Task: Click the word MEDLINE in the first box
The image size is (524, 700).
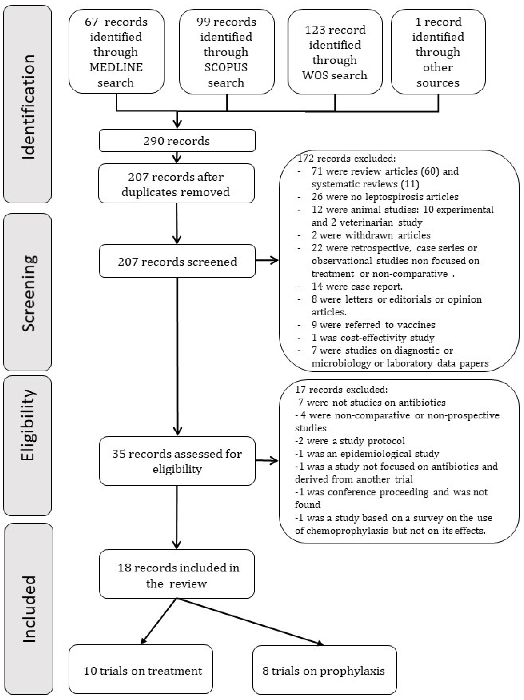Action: pyautogui.click(x=116, y=67)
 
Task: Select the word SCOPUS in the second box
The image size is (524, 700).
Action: pyautogui.click(x=226, y=67)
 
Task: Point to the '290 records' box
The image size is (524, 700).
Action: pyautogui.click(x=177, y=141)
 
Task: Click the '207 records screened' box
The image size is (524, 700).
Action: pyautogui.click(x=177, y=261)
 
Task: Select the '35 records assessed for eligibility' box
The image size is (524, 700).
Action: pyautogui.click(x=177, y=461)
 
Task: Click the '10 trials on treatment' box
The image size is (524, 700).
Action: pyautogui.click(x=141, y=671)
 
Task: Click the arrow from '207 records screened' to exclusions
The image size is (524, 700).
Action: pyautogui.click(x=267, y=261)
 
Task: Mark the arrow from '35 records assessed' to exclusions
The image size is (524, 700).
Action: pyautogui.click(x=267, y=461)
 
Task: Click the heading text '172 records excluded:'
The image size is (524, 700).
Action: pyautogui.click(x=347, y=158)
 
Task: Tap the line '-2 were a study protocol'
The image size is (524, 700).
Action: pyautogui.click(x=350, y=441)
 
